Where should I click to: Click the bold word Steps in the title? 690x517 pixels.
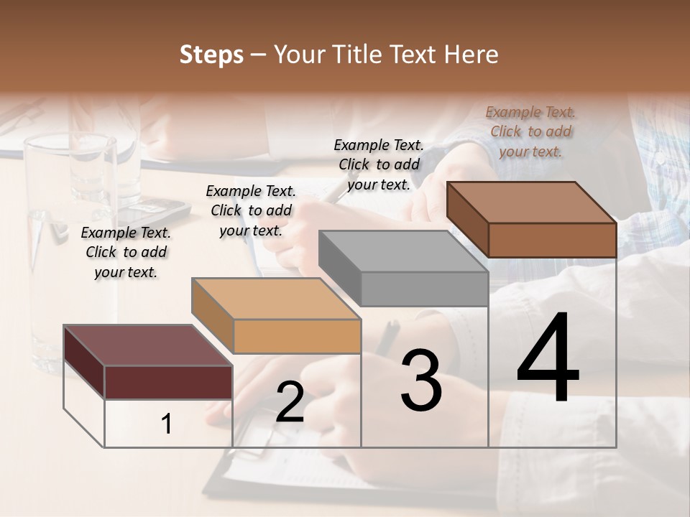point(211,55)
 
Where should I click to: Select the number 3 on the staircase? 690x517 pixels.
point(420,381)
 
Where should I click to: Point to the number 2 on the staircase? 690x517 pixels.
point(290,402)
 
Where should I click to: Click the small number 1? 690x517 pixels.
point(167,424)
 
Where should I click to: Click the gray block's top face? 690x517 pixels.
point(402,251)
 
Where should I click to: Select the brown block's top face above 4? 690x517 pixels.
point(531,202)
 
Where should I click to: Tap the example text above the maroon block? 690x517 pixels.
point(126,252)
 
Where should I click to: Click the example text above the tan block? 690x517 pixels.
point(251,210)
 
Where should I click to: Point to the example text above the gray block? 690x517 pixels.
point(379,164)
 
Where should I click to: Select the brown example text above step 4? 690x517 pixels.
point(530,131)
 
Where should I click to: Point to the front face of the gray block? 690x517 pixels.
point(424,289)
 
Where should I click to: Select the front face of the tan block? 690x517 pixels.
point(297,336)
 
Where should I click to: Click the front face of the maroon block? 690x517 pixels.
point(168,382)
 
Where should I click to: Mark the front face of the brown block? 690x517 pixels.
point(552,240)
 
